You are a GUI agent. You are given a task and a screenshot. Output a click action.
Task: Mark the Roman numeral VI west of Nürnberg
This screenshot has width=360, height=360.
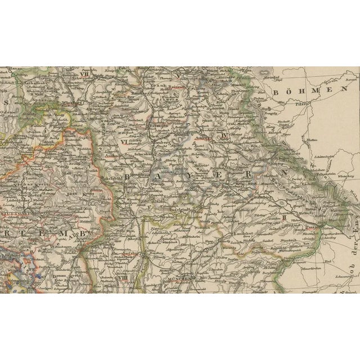pyautogui.click(x=124, y=142)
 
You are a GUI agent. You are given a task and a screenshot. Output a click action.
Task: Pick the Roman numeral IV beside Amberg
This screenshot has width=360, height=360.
pyautogui.click(x=224, y=136)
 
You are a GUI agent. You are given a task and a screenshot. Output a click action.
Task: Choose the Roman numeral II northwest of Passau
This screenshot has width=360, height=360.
pyautogui.click(x=285, y=217)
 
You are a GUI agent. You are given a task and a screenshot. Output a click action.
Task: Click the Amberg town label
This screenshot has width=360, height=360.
pyautogui.click(x=201, y=137)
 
